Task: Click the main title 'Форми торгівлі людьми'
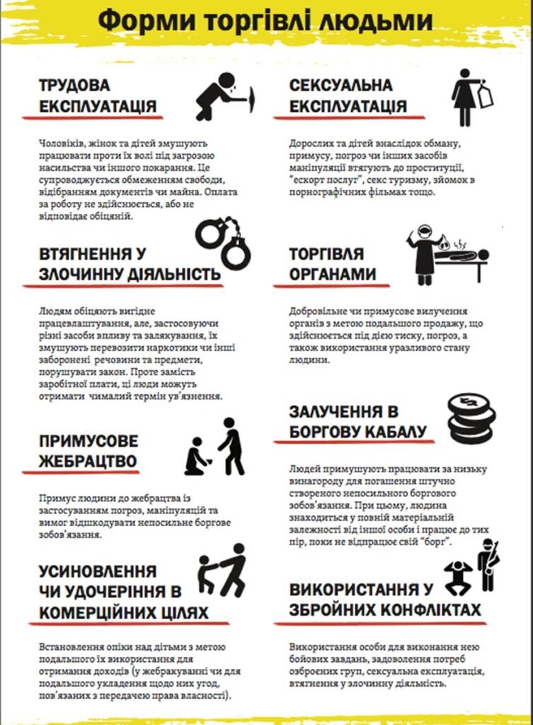click(265, 21)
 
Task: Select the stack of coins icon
click(471, 418)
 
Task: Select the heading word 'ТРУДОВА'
click(75, 86)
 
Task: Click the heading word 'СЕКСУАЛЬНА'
click(340, 86)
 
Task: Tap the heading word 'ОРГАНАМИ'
click(333, 275)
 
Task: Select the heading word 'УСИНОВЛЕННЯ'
click(97, 571)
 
